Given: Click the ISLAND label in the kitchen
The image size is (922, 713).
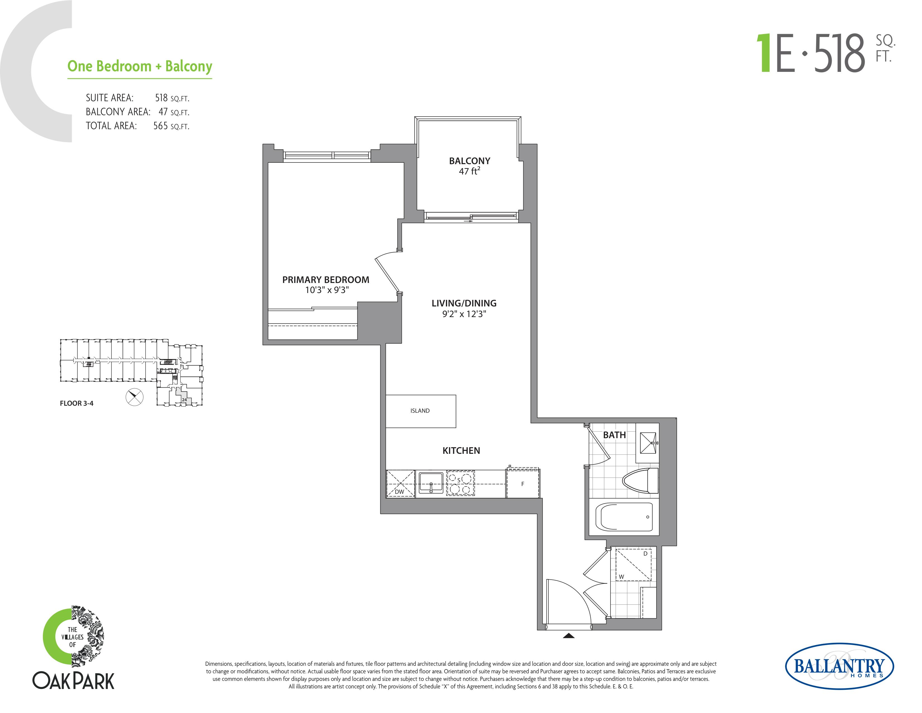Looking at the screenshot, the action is (420, 410).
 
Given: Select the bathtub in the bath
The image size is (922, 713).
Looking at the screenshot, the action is (624, 517).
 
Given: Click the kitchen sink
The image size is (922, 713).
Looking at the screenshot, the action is (431, 483).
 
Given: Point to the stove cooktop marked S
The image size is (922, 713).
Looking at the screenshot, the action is (460, 483).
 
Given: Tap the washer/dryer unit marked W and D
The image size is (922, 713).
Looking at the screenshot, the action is (633, 564).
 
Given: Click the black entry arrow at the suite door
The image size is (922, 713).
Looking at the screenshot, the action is (569, 635).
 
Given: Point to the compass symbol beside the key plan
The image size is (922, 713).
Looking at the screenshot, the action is (135, 397).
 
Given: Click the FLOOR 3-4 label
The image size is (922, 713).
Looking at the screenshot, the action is (76, 403).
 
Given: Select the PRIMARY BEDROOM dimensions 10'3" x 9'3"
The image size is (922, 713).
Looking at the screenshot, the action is (327, 290).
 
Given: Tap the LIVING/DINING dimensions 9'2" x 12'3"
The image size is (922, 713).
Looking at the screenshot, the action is (464, 314).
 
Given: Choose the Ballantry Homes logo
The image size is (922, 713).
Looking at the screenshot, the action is (839, 667).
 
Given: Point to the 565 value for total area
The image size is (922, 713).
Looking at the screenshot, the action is (160, 126).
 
